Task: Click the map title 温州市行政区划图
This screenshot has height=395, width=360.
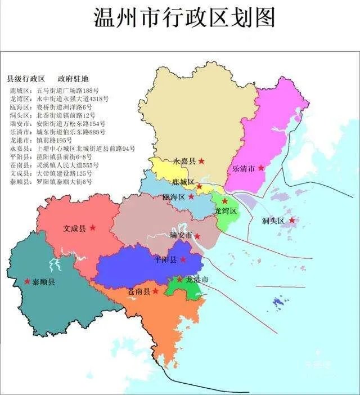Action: [x=184, y=18]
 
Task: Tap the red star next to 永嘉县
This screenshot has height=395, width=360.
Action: [x=201, y=161]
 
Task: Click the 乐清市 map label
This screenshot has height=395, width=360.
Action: [x=244, y=168]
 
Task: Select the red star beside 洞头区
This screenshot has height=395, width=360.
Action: [x=292, y=220]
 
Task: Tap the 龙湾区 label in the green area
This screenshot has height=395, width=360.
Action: [x=226, y=210]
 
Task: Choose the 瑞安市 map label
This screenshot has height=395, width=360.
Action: [x=181, y=235]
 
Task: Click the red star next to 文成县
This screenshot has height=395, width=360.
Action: [x=93, y=227]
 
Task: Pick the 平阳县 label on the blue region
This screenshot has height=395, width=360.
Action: [x=166, y=259]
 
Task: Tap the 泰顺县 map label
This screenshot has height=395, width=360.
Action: [x=44, y=282]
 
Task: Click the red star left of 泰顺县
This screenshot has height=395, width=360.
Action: [x=26, y=281]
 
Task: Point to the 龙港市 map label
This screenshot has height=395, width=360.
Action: [x=197, y=280]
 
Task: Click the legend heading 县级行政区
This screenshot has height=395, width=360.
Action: [x=26, y=79]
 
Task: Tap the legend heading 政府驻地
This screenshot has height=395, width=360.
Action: [x=73, y=79]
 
